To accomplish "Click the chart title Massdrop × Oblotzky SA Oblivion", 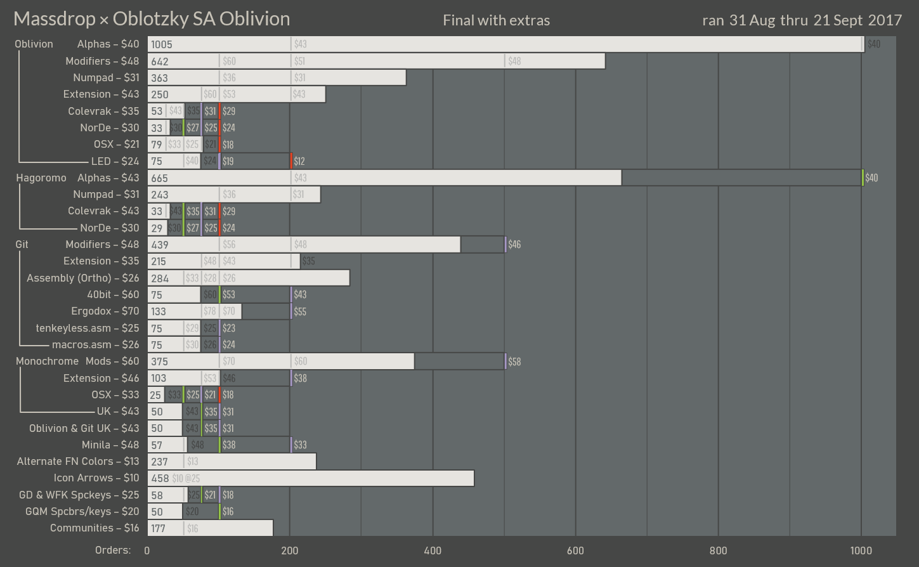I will click(152, 19).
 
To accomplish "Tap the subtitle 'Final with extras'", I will click(496, 20).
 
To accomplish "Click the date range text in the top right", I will click(802, 20).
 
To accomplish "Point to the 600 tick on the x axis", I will click(575, 551).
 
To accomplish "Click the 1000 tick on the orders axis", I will click(861, 551).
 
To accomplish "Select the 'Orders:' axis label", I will click(113, 550).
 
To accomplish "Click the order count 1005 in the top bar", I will click(162, 44).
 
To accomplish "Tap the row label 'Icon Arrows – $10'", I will click(96, 478).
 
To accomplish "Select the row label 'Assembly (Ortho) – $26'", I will click(82, 278).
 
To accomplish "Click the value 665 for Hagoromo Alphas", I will click(160, 178).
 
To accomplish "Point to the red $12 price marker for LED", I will click(299, 162).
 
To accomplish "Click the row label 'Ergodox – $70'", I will click(105, 311).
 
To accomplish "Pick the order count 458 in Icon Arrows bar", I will click(160, 479).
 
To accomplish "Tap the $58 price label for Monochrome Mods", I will click(514, 362).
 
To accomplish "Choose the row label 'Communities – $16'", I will click(95, 528).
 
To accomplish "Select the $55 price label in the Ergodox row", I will click(300, 311).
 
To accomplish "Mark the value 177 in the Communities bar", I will click(159, 529).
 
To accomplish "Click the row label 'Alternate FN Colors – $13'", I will click(78, 462).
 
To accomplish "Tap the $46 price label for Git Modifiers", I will click(514, 245).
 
